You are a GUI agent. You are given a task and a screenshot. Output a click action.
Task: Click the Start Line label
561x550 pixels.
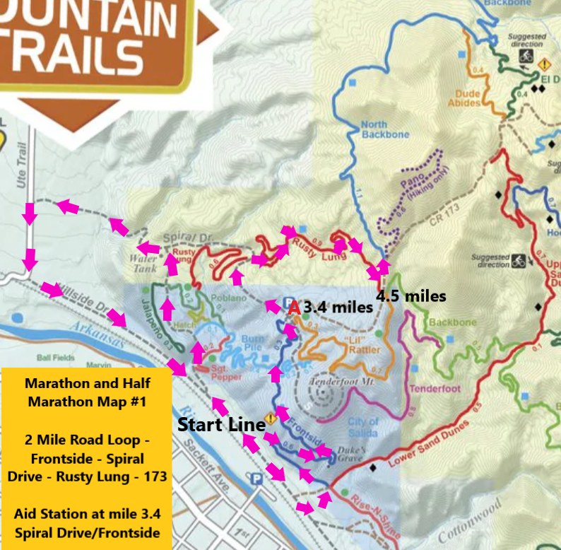[220, 426]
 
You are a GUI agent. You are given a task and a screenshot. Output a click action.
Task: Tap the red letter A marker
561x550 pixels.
[294, 308]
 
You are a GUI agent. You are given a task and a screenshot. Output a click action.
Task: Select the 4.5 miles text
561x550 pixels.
[411, 296]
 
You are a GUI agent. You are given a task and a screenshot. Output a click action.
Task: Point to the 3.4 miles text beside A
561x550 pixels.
[338, 308]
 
